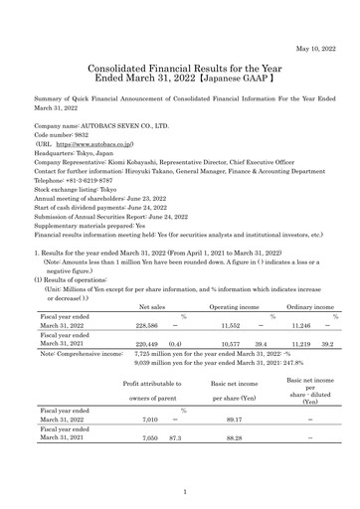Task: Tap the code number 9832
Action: point(77,138)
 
